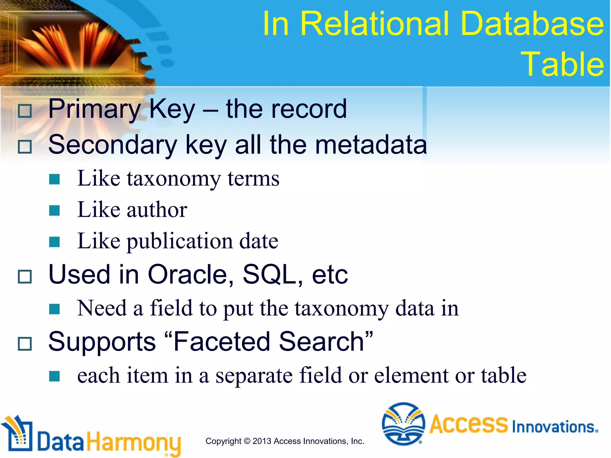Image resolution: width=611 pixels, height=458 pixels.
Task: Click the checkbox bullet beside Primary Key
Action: [25, 111]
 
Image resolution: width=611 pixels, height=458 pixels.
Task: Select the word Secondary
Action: [113, 145]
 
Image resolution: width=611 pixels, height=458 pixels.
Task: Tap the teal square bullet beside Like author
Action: [55, 210]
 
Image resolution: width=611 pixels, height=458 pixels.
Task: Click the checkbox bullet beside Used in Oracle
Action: [25, 276]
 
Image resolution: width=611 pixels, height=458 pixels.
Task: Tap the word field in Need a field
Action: [171, 308]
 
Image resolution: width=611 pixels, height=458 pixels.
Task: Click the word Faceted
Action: [222, 342]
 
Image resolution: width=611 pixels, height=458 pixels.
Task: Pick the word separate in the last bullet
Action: [254, 376]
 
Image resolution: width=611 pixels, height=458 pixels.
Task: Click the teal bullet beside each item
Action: [55, 376]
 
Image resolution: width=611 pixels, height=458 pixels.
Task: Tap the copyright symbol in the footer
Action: [247, 441]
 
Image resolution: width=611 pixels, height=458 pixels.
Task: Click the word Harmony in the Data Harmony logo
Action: [134, 442]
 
